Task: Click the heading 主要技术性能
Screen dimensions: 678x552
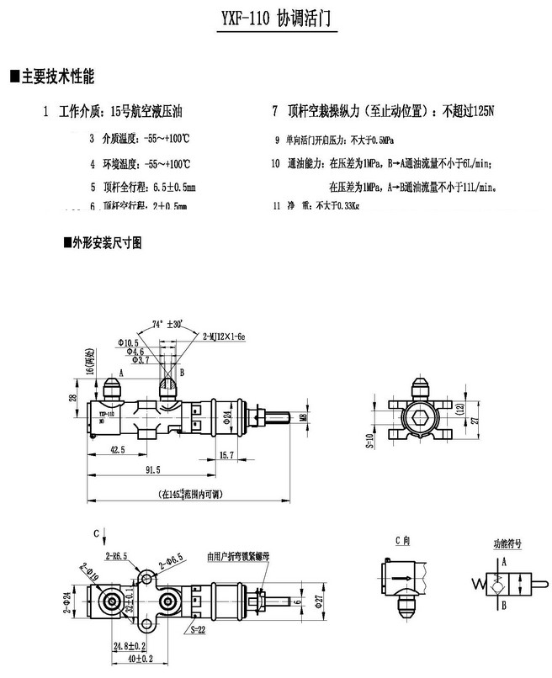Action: (x=56, y=77)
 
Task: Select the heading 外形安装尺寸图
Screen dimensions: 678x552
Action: (x=108, y=243)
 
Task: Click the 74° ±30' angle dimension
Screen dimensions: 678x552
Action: (x=170, y=324)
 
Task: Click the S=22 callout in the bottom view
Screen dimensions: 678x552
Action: (x=199, y=628)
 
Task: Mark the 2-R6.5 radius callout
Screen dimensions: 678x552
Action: (x=117, y=557)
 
